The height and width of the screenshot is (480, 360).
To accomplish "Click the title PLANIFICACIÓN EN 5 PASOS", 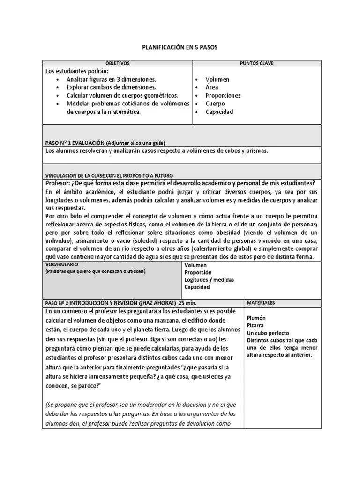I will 180,47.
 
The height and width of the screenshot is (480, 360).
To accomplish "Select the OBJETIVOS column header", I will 118,63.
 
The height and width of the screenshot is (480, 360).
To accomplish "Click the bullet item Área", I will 211,87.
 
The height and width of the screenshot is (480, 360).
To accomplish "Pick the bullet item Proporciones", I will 223,96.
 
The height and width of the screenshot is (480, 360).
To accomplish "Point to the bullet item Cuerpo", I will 215,104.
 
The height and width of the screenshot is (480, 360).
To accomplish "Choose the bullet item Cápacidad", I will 219,112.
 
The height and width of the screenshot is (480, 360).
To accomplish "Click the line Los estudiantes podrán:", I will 76,71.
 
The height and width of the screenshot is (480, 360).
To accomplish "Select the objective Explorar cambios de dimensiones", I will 111,87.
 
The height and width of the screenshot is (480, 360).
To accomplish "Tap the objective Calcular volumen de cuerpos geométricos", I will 122,96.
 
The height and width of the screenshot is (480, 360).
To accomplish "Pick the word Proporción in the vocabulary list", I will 198,272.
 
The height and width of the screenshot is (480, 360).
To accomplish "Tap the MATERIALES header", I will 261,303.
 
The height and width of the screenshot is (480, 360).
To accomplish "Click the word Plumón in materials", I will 257,318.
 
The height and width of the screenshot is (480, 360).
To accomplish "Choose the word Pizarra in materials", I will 255,325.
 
